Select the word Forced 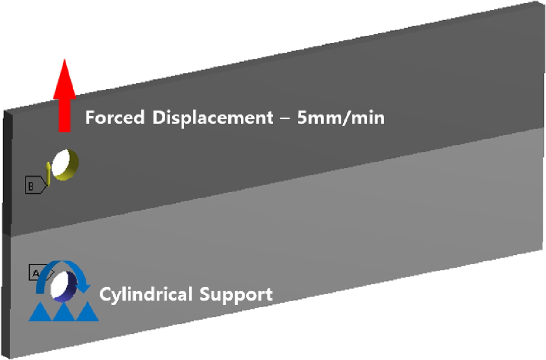pyautogui.click(x=115, y=118)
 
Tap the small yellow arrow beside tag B pyautogui.click(x=49, y=173)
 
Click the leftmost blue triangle pyautogui.click(x=40, y=312)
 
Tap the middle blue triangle pyautogui.click(x=63, y=312)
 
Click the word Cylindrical pyautogui.click(x=146, y=294)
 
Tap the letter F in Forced pyautogui.click(x=90, y=118)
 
